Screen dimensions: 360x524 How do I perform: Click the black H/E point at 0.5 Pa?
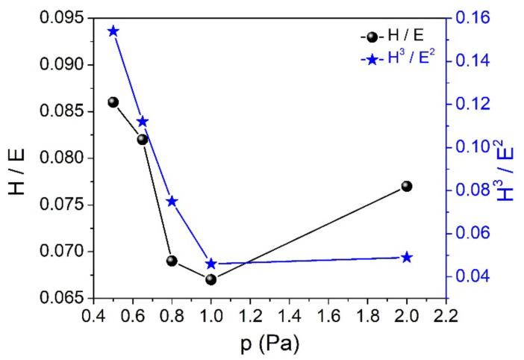pyautogui.click(x=113, y=102)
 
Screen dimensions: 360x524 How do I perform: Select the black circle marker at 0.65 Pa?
pyautogui.click(x=143, y=139)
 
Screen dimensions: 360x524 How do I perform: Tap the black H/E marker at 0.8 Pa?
pyautogui.click(x=172, y=261)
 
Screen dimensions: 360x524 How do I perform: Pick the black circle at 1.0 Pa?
pyautogui.click(x=210, y=279)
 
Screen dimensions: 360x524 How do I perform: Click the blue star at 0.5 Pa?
pyautogui.click(x=113, y=31)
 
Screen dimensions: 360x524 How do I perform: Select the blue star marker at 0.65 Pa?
pyautogui.click(x=143, y=122)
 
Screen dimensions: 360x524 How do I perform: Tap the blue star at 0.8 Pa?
pyautogui.click(x=172, y=202)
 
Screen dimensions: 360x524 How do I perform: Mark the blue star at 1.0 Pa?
pyautogui.click(x=210, y=264)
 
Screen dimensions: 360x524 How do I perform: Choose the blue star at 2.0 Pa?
pyautogui.click(x=407, y=258)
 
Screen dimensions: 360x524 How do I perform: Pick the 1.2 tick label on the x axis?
pyautogui.click(x=250, y=315)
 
